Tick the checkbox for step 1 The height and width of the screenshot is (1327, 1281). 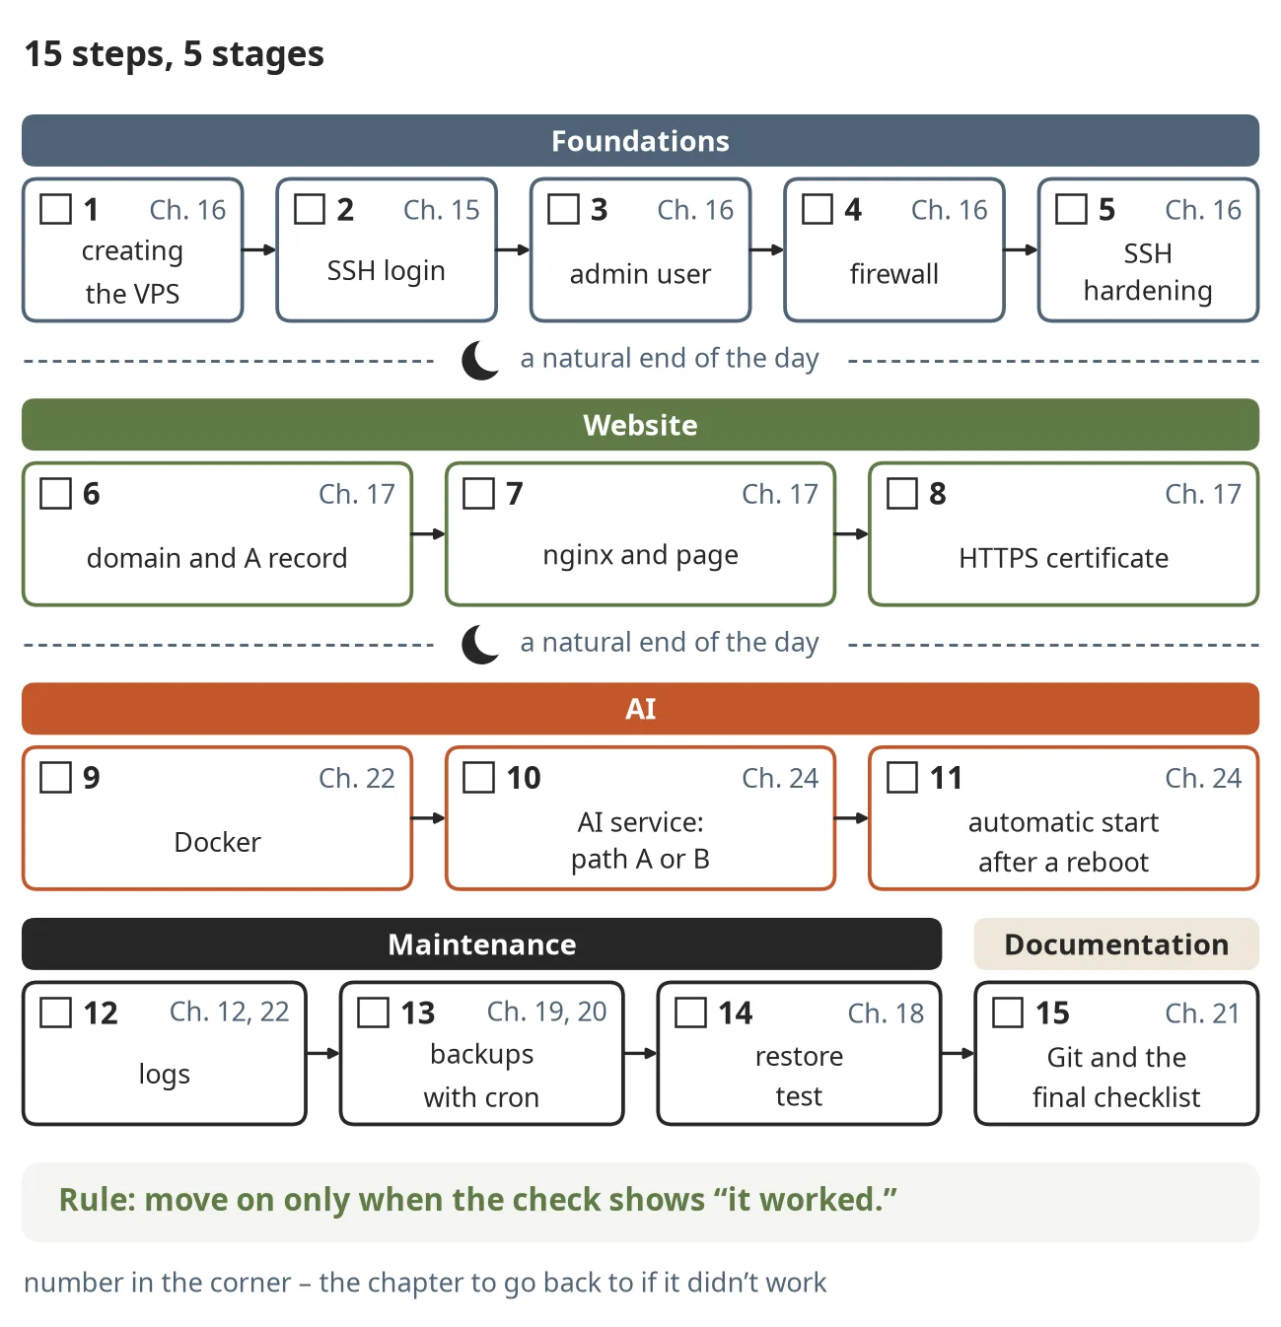[x=55, y=209]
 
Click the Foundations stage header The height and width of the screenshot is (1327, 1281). [x=640, y=140]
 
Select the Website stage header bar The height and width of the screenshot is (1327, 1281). [x=640, y=424]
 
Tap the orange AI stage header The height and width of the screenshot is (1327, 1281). [x=640, y=709]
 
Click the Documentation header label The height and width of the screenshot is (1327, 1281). [x=1116, y=943]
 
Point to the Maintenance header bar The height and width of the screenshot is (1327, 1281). [x=481, y=943]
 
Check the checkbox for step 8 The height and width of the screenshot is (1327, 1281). [x=901, y=493]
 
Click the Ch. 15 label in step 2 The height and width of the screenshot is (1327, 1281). [x=442, y=210]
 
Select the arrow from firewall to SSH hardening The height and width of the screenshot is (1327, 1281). [x=1021, y=250]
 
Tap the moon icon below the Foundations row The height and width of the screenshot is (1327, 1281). [x=479, y=360]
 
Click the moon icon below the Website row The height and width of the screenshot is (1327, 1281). [x=479, y=644]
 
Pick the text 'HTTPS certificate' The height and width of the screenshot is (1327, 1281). [x=1063, y=558]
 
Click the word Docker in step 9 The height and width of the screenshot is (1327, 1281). [x=218, y=842]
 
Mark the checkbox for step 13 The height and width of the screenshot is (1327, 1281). [x=373, y=1012]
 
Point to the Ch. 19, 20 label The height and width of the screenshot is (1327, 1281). [x=546, y=1012]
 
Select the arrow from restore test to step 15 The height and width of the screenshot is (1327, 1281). [x=958, y=1054]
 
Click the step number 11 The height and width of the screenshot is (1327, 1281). [x=946, y=778]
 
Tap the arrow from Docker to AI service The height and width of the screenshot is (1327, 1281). [x=428, y=818]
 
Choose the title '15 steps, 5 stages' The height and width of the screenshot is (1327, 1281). [x=174, y=54]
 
